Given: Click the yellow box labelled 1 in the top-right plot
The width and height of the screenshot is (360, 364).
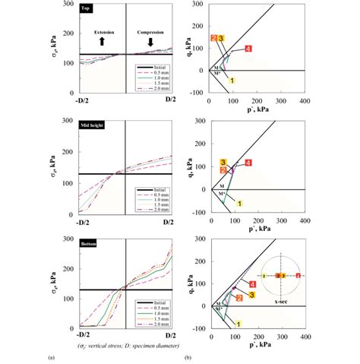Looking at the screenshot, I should click(232, 81).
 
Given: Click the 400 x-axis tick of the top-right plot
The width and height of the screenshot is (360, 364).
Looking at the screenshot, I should click(303, 100).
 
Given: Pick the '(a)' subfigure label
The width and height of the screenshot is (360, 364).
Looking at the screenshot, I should click(51, 356).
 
